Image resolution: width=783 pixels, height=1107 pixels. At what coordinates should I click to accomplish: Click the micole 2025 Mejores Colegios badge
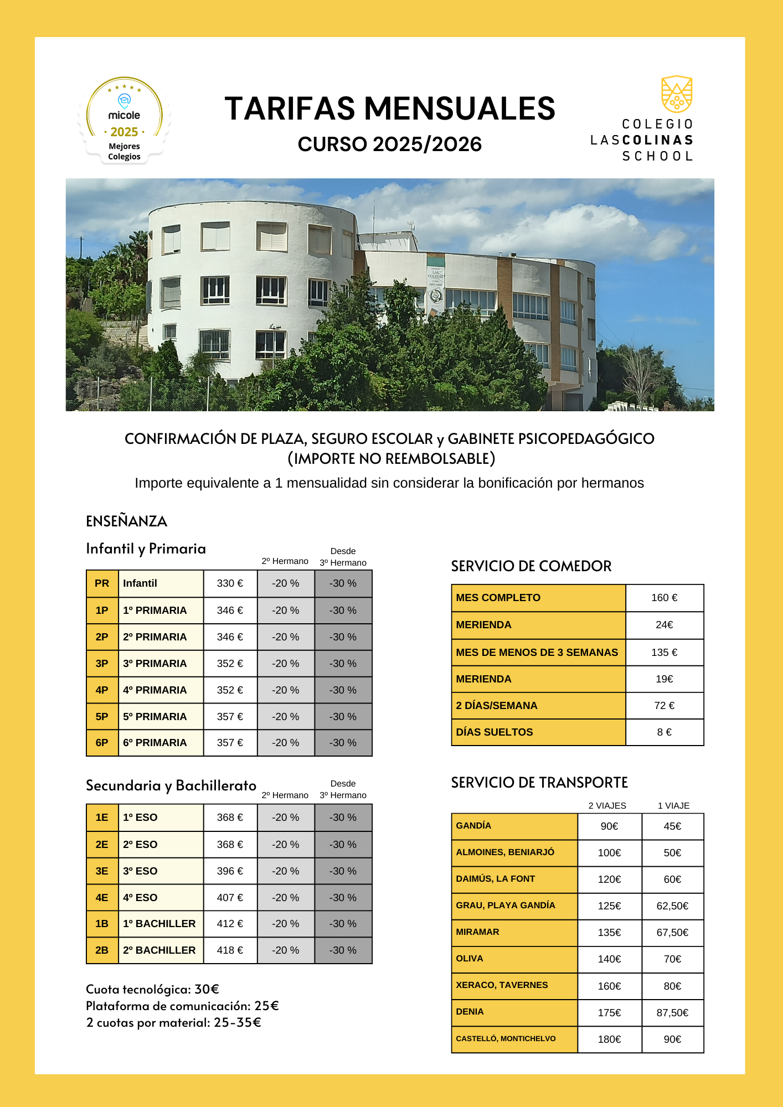coord(125,121)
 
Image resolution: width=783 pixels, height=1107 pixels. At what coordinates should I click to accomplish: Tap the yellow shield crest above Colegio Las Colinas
coord(677,94)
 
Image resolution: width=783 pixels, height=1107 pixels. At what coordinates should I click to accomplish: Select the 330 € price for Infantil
coord(230,583)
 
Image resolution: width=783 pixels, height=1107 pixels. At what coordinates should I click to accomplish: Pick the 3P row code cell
coord(102,664)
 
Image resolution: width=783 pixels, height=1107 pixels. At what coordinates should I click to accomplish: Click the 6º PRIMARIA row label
coord(154,743)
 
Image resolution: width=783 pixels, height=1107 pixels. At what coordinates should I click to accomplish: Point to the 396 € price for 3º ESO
coord(230,871)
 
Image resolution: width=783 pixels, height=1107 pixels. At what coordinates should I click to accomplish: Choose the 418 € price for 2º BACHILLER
coord(230,950)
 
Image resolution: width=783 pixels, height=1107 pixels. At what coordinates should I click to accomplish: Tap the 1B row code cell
coord(102,924)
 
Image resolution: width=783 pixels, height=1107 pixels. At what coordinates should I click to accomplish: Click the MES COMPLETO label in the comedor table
coord(498,598)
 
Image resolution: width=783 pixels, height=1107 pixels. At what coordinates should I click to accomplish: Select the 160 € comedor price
coord(664,598)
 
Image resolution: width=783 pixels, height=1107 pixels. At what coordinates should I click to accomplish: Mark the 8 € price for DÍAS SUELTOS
coord(664,732)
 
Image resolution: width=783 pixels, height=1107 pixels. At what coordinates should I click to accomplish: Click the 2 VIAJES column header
coord(607,806)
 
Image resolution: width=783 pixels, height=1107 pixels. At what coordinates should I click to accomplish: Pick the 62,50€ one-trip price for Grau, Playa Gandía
coord(672,906)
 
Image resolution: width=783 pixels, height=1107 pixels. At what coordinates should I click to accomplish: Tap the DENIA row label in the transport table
coord(470,1012)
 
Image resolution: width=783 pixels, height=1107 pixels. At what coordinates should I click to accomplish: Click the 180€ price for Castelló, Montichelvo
coord(609,1039)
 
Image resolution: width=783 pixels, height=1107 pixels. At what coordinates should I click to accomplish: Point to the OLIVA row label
coord(470,959)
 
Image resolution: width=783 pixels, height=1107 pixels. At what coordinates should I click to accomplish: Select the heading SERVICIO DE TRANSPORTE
coord(539,783)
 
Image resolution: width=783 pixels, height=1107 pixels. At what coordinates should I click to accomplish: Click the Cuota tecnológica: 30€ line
coord(152,989)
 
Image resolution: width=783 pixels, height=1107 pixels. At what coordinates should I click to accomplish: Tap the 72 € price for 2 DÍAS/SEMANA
coord(664,706)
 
